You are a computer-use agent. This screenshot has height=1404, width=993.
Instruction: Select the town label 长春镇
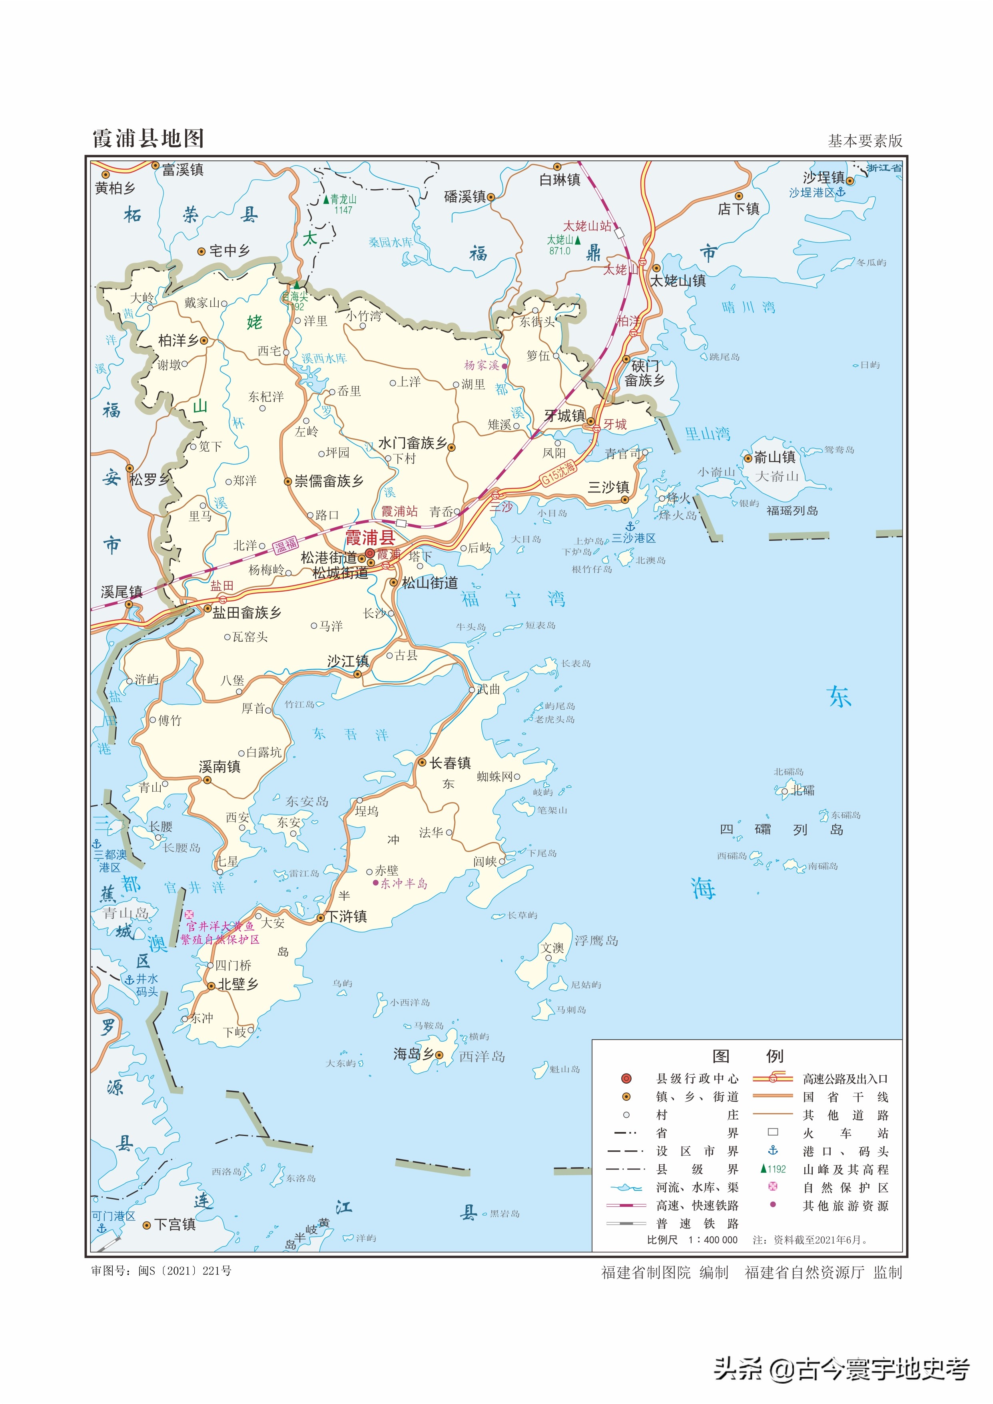tap(450, 763)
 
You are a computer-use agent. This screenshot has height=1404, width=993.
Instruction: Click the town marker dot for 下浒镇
tap(320, 918)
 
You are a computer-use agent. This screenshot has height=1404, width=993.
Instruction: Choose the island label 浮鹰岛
tap(596, 940)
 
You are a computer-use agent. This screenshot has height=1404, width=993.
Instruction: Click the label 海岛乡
tap(413, 1054)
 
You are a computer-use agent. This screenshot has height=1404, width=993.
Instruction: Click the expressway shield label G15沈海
tap(558, 472)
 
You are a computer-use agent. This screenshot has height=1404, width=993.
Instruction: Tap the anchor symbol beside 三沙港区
tap(630, 526)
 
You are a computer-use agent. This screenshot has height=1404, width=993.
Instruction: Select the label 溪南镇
tap(219, 766)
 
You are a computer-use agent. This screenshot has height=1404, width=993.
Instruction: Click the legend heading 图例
tap(747, 1056)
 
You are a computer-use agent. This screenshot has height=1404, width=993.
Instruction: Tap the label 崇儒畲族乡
tap(329, 482)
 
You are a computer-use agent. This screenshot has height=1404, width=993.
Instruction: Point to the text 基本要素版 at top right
tap(865, 141)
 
